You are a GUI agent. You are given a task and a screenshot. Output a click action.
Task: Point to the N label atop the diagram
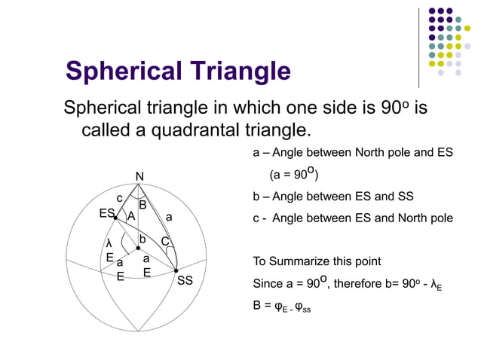click(x=139, y=176)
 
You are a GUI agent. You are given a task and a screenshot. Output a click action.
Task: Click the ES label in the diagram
click(x=106, y=214)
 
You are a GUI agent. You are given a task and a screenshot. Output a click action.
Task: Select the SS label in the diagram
click(x=185, y=281)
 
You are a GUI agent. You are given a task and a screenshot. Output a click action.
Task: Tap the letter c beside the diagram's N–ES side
click(x=119, y=199)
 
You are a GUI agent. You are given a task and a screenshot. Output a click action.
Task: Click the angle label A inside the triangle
click(x=131, y=217)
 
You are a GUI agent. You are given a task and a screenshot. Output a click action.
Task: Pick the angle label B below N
click(x=142, y=205)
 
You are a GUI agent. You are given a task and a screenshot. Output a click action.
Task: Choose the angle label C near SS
click(x=164, y=242)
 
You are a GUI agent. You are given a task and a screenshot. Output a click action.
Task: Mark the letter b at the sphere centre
click(x=142, y=239)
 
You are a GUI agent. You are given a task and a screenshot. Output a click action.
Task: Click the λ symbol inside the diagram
click(x=109, y=243)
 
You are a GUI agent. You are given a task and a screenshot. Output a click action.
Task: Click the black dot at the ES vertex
click(x=115, y=218)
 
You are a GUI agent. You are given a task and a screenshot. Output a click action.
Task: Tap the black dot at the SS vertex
click(x=176, y=270)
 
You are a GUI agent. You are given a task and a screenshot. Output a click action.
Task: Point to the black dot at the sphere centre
click(x=138, y=247)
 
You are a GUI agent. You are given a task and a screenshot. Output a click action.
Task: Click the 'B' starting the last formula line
click(x=256, y=307)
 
